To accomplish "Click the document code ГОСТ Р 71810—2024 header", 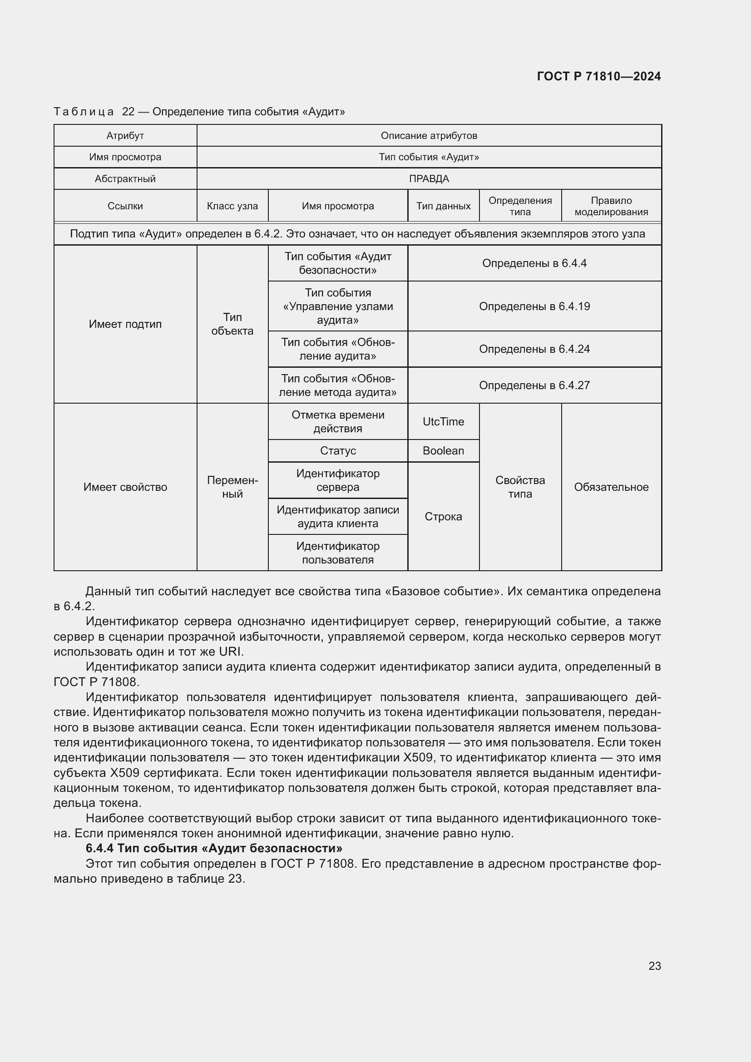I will (598, 76).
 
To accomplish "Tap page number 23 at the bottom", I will (654, 966).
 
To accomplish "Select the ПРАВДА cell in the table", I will (429, 178).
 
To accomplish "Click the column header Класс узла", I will (232, 206).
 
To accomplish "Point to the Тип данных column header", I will (443, 206).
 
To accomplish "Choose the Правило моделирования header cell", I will (611, 206).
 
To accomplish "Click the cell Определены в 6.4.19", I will (534, 306).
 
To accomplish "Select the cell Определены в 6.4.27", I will (534, 385).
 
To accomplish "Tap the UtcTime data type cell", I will (443, 421).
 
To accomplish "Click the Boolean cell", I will (443, 450).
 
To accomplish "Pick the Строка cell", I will (443, 516).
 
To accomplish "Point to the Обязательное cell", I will (611, 487).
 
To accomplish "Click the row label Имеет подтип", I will (125, 324).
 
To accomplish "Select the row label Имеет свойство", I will (125, 487).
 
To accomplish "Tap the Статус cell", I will (337, 450).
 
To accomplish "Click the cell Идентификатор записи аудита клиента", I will (337, 516).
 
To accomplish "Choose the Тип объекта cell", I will (232, 324).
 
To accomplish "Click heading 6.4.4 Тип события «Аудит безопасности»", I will (214, 848).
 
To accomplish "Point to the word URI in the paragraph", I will (230, 651).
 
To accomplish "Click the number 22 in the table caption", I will (128, 112).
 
